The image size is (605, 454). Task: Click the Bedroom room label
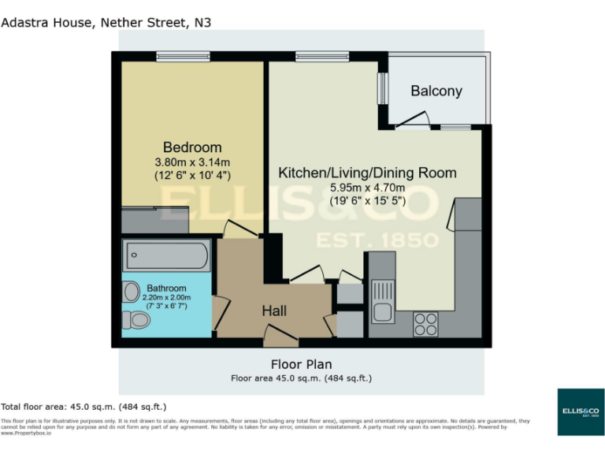pyautogui.click(x=192, y=147)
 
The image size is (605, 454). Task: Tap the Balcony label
pyautogui.click(x=436, y=91)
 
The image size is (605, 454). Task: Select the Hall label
pyautogui.click(x=274, y=311)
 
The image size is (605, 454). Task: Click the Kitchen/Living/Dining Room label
pyautogui.click(x=367, y=173)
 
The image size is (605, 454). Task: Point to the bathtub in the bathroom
pyautogui.click(x=166, y=256)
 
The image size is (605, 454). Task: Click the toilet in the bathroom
pyautogui.click(x=136, y=320)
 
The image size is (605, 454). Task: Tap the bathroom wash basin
pyautogui.click(x=130, y=292)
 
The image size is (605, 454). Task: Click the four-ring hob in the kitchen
pyautogui.click(x=426, y=324)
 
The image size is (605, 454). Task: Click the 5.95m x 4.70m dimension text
pyautogui.click(x=367, y=188)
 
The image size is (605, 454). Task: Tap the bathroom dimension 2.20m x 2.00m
pyautogui.click(x=166, y=298)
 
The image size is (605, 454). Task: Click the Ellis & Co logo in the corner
pyautogui.click(x=580, y=411)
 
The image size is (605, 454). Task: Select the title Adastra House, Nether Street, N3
pyautogui.click(x=106, y=22)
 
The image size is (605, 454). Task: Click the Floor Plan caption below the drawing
pyautogui.click(x=301, y=364)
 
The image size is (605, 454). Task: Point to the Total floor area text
pyautogui.click(x=84, y=407)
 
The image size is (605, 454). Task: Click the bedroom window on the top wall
pyautogui.click(x=183, y=55)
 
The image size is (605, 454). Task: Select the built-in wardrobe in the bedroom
pyautogui.click(x=155, y=220)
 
